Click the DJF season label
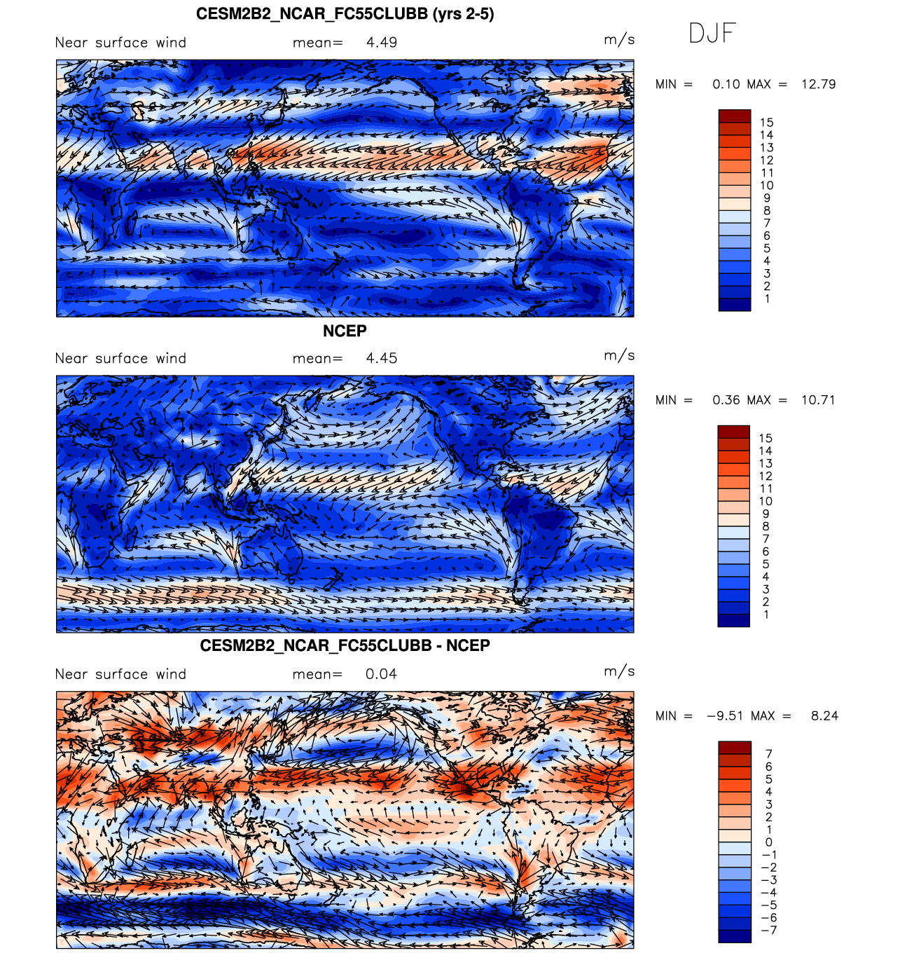pyautogui.click(x=712, y=33)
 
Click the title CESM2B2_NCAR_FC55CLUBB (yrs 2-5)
pyautogui.click(x=345, y=14)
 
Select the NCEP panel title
pyautogui.click(x=345, y=331)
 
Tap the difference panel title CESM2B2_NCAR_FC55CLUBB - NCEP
pyautogui.click(x=345, y=645)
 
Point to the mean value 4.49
pyautogui.click(x=382, y=43)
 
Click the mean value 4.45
pyautogui.click(x=382, y=359)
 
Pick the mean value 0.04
pyautogui.click(x=381, y=674)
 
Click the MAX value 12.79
pyautogui.click(x=818, y=84)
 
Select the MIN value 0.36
pyautogui.click(x=726, y=400)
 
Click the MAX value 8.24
pyautogui.click(x=824, y=716)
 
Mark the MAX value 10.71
pyautogui.click(x=818, y=400)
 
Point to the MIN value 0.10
pyautogui.click(x=726, y=84)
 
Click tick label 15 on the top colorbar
pyautogui.click(x=767, y=123)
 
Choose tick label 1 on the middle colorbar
pyautogui.click(x=766, y=615)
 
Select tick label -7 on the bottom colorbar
pyautogui.click(x=768, y=931)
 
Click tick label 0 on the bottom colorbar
pyautogui.click(x=768, y=842)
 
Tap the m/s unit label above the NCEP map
pyautogui.click(x=619, y=356)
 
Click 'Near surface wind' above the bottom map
pyautogui.click(x=120, y=674)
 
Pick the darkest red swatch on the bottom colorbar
pyautogui.click(x=735, y=748)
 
